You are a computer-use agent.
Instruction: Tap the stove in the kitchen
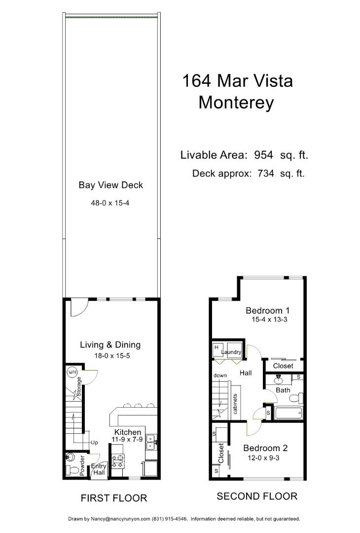click(118, 461)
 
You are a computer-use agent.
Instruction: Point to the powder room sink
click(70, 457)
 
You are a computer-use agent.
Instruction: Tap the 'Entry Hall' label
click(98, 469)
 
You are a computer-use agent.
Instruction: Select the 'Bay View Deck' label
click(110, 185)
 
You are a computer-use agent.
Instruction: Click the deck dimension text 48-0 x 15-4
click(110, 203)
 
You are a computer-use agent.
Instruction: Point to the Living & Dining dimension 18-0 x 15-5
click(110, 356)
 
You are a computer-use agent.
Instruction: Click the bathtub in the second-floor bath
click(288, 413)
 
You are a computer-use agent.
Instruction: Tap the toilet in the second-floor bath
click(295, 398)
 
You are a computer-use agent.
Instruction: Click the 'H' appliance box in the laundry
click(216, 347)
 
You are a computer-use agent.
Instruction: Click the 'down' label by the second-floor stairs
click(220, 376)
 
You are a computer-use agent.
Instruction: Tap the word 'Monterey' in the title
click(236, 102)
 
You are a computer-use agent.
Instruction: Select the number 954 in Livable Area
click(263, 155)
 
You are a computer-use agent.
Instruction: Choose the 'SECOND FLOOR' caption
click(257, 496)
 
